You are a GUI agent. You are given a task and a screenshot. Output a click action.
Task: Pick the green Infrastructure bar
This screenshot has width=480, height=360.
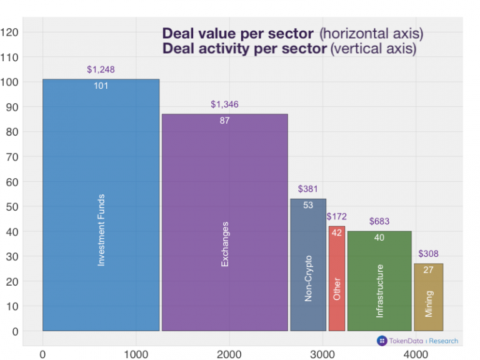379,281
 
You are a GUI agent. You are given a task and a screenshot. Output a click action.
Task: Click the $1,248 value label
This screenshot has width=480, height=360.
101,70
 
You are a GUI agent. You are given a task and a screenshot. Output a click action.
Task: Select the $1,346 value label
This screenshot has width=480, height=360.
224,104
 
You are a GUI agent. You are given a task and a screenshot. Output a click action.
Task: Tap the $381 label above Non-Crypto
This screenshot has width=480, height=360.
308,189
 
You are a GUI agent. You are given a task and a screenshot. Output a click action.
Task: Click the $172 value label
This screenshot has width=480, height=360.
337,217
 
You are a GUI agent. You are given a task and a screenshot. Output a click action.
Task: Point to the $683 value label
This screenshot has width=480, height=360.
379,221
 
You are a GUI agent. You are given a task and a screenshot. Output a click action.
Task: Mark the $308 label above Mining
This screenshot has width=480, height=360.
429,254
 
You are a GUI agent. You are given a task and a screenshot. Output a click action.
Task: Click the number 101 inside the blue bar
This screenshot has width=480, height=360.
101,86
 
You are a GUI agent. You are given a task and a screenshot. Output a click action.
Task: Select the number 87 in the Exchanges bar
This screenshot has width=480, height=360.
224,121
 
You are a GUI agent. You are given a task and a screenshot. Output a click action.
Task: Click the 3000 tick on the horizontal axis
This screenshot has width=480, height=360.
322,354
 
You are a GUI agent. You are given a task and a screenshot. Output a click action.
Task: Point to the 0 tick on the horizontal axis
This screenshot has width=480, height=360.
42,354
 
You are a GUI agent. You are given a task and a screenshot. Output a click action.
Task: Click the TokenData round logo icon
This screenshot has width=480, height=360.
382,341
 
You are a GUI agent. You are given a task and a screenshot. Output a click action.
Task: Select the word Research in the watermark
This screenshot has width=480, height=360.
444,341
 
